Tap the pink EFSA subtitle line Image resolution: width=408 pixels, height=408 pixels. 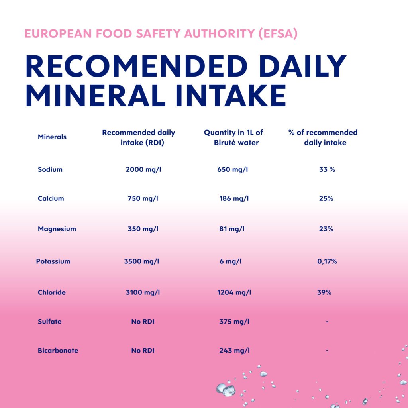point(161,33)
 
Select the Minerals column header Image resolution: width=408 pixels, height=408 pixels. point(52,137)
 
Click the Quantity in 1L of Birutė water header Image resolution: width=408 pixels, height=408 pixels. point(233,137)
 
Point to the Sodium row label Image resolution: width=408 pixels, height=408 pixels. point(50,169)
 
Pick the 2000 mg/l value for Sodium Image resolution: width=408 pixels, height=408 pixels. point(143,169)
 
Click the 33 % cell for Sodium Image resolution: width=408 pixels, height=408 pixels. point(327,169)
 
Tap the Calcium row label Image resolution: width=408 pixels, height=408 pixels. point(51,198)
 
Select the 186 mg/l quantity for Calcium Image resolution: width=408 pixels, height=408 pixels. point(234,198)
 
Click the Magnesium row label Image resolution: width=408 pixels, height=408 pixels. point(57,229)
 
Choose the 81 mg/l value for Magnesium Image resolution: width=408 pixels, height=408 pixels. point(232,229)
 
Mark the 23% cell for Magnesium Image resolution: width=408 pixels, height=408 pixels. point(326,229)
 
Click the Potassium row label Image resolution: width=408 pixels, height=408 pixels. point(53,262)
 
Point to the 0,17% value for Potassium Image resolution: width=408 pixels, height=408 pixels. point(327,262)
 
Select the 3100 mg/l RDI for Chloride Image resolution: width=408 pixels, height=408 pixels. point(143,292)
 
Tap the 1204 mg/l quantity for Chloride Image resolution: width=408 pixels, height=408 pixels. point(234,292)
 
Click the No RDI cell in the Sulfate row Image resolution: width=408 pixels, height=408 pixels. point(143,322)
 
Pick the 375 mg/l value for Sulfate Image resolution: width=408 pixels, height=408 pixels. point(234,322)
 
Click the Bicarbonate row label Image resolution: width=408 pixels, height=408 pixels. point(58,351)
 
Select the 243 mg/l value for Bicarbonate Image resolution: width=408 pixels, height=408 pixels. point(234,351)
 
